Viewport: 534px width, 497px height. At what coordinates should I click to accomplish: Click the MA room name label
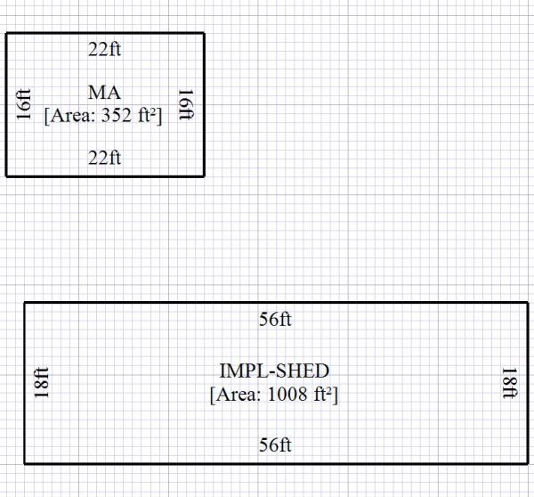pyautogui.click(x=104, y=93)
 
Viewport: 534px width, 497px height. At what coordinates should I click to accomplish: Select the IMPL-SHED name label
pyautogui.click(x=274, y=370)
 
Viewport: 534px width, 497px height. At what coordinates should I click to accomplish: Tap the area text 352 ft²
pyautogui.click(x=104, y=115)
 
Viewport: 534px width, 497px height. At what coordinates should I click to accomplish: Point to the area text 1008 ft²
pyautogui.click(x=274, y=394)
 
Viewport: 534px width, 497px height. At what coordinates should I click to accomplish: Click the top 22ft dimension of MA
pyautogui.click(x=104, y=50)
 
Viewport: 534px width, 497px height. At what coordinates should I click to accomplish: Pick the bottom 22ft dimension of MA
pyautogui.click(x=104, y=159)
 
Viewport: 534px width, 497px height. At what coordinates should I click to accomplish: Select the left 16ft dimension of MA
pyautogui.click(x=24, y=104)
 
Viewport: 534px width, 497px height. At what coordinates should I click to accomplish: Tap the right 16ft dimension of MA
pyautogui.click(x=186, y=104)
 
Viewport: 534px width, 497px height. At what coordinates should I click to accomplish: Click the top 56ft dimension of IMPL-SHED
pyautogui.click(x=275, y=320)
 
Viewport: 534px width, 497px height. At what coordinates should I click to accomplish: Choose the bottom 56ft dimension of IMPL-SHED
pyautogui.click(x=275, y=445)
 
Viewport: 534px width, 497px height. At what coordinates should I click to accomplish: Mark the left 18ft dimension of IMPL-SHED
pyautogui.click(x=41, y=383)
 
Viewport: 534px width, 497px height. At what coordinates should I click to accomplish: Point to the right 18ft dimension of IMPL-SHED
pyautogui.click(x=509, y=383)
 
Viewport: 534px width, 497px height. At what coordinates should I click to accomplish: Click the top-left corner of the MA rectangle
pyautogui.click(x=7, y=34)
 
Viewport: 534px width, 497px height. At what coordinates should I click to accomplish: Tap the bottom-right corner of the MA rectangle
pyautogui.click(x=204, y=175)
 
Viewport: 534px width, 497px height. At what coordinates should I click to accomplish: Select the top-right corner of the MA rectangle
pyautogui.click(x=204, y=34)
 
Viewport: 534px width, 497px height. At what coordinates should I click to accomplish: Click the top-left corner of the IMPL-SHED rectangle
pyautogui.click(x=25, y=304)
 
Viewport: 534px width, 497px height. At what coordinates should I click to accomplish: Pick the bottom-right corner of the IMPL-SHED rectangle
pyautogui.click(x=524, y=463)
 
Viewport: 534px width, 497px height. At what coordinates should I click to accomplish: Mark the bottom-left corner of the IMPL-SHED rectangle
pyautogui.click(x=25, y=463)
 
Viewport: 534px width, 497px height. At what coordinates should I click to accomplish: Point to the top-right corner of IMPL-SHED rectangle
pyautogui.click(x=524, y=304)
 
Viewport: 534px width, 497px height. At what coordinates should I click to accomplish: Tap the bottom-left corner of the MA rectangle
pyautogui.click(x=7, y=175)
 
